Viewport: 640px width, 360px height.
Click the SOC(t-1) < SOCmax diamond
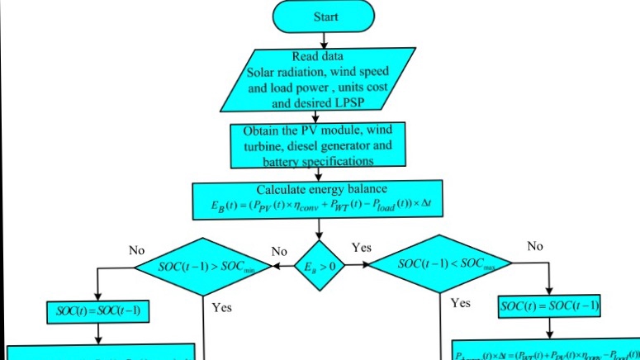439,264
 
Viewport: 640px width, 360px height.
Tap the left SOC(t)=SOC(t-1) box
98,311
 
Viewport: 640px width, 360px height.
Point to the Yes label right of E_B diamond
362,247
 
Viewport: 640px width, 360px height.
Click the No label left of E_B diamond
279,251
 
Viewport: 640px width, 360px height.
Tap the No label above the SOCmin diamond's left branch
137,249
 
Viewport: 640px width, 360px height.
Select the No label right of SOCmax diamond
535,246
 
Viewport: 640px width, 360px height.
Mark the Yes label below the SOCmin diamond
222,307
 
